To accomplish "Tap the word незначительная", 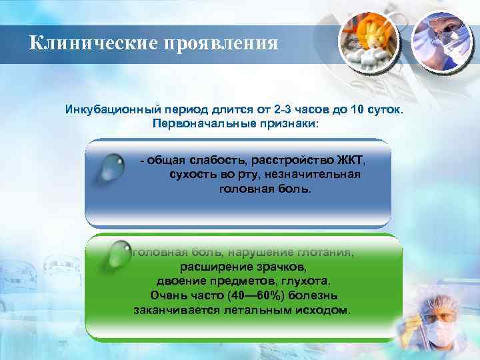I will click(x=315, y=175).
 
